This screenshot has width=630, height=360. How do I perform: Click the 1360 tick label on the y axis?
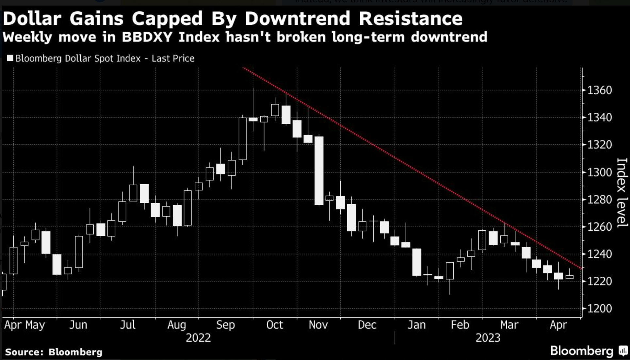click(599, 90)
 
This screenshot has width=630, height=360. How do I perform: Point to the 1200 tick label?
click(599, 308)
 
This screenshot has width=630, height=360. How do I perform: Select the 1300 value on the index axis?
click(599, 172)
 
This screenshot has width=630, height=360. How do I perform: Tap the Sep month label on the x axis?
click(225, 325)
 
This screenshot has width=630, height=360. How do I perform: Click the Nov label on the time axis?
click(318, 325)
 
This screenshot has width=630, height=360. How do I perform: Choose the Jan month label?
click(417, 325)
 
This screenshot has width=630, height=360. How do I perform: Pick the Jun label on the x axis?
click(78, 325)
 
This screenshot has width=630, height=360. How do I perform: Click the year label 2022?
click(198, 338)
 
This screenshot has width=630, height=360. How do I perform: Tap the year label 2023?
click(488, 338)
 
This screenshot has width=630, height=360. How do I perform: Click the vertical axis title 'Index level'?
click(622, 193)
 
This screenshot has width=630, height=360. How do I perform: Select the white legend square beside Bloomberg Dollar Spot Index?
click(10, 58)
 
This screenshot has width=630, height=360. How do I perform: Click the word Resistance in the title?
click(411, 19)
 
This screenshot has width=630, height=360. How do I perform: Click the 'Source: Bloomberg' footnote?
click(54, 352)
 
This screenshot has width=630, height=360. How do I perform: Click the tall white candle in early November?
click(319, 171)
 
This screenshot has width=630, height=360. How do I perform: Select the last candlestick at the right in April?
click(570, 277)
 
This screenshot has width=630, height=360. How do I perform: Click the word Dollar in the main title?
click(32, 19)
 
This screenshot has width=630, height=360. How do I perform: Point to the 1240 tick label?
click(599, 254)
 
